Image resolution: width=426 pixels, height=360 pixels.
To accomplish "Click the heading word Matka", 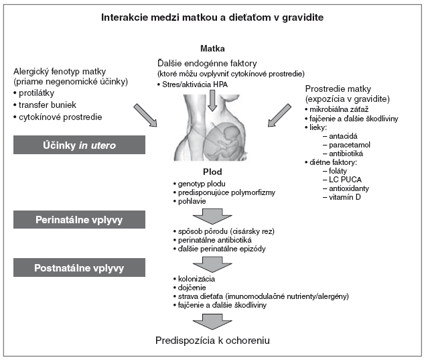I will point(213,48).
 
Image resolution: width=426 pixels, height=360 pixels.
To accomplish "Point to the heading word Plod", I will point(212,172).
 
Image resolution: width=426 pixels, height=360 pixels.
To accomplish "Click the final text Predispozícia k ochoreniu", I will point(212,340).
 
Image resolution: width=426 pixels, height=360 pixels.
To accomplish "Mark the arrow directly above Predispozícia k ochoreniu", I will point(212,320).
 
